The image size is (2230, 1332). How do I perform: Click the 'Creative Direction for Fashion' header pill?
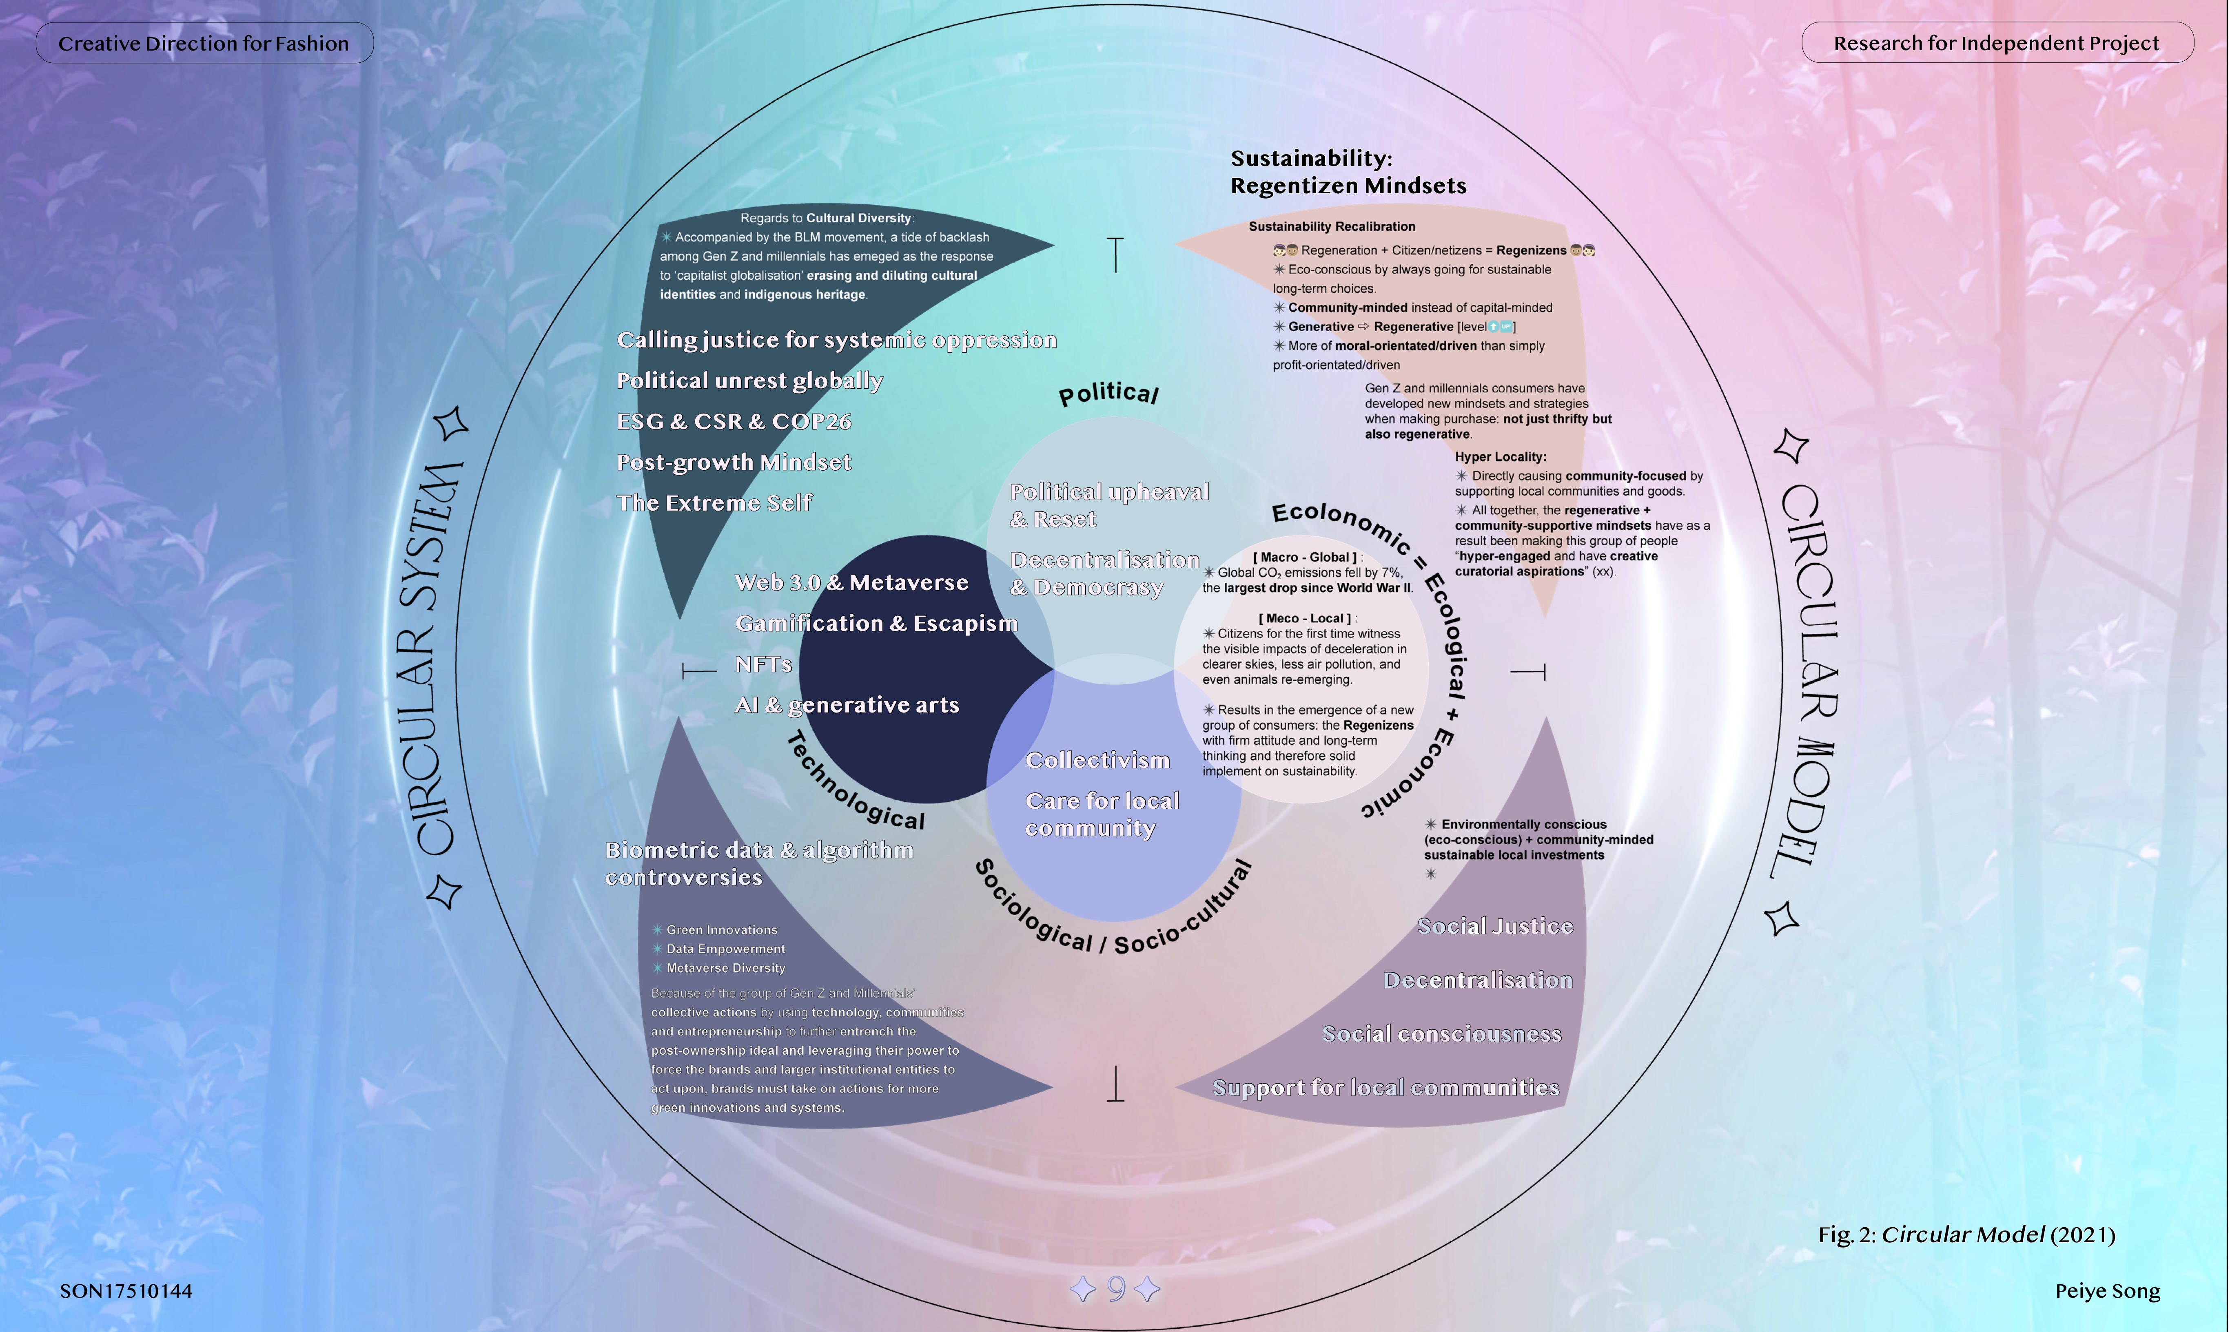204,43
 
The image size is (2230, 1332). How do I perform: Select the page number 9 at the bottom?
1116,1289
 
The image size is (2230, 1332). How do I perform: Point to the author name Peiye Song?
2107,1291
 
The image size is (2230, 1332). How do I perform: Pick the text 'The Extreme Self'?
714,502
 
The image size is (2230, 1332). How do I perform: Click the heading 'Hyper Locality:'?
1500,457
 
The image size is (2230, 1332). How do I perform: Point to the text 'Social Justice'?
1495,926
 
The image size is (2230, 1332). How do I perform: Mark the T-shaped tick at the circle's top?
1115,254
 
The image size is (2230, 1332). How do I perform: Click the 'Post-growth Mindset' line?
734,462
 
